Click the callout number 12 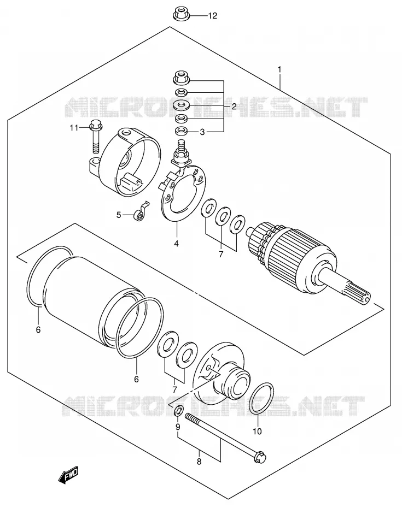(x=212, y=15)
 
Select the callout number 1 (x=279, y=69)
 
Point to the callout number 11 (x=74, y=128)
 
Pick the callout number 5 (x=119, y=215)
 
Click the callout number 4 (x=176, y=243)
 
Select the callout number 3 (x=202, y=132)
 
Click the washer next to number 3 (x=181, y=132)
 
